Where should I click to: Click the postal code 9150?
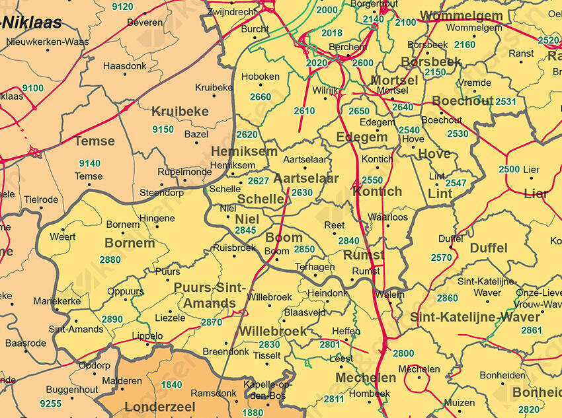[163, 129]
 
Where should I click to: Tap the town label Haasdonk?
[125, 66]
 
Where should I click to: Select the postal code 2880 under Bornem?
[110, 260]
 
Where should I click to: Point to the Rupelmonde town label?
[184, 172]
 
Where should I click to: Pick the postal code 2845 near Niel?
[245, 230]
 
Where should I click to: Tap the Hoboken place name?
[261, 77]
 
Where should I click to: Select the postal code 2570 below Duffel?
[441, 258]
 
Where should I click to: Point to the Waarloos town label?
[387, 217]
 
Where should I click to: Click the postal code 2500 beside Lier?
[509, 170]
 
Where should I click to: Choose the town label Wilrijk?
[325, 89]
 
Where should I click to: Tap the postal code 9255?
[50, 403]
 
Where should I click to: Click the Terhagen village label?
[315, 267]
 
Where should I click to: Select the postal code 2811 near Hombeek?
[334, 399]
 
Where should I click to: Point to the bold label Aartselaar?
[305, 178]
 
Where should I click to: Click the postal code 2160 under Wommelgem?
[464, 44]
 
